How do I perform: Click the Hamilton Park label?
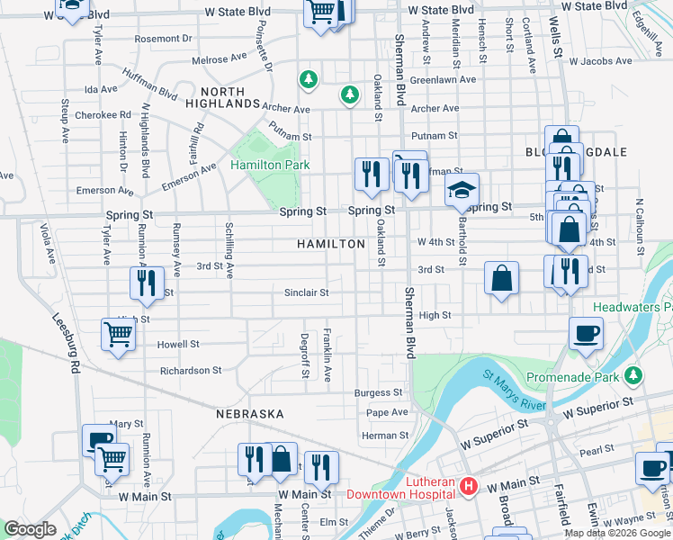270,166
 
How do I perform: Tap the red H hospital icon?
468,487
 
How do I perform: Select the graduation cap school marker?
462,191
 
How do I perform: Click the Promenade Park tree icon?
634,373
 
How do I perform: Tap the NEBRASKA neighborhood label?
249,414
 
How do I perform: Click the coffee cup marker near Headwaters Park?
586,333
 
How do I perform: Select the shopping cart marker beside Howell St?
119,336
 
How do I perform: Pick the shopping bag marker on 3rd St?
501,278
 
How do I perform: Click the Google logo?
30,529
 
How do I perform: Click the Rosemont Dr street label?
163,39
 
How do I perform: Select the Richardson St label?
190,370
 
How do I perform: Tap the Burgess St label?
378,392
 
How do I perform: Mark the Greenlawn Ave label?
443,79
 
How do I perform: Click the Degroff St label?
304,347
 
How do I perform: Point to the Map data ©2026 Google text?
616,533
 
